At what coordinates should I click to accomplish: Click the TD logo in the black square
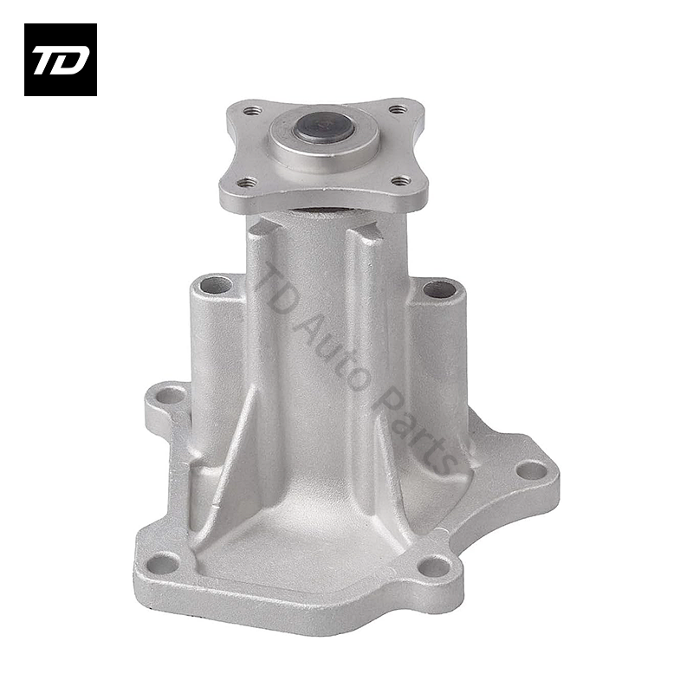pyautogui.click(x=61, y=60)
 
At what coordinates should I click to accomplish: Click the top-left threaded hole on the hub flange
pyautogui.click(x=253, y=109)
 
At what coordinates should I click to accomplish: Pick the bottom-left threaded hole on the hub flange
pyautogui.click(x=247, y=182)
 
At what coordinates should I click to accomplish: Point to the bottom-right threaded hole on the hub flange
pyautogui.click(x=401, y=180)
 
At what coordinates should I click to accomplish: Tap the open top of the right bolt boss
pyautogui.click(x=439, y=290)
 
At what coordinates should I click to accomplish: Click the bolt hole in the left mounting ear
pyautogui.click(x=170, y=397)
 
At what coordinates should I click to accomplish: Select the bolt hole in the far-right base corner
pyautogui.click(x=532, y=470)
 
